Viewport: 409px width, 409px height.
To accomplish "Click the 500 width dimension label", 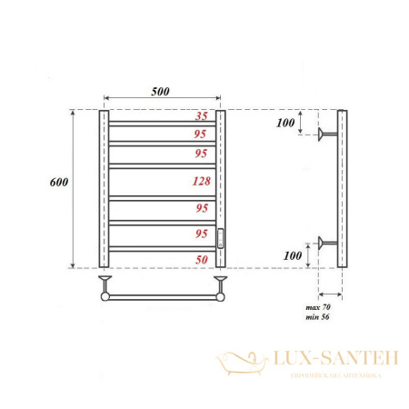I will pos(161,91).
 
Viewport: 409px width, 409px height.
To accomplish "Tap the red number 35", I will pos(203,117).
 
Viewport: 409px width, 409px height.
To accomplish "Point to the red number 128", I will pos(203,181).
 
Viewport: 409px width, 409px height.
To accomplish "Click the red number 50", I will pos(203,260).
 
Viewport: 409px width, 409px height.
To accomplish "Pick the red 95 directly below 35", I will pos(203,135).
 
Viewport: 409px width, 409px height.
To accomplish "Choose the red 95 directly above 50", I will pos(203,234).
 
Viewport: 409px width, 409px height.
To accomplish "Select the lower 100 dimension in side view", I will pos(291,257).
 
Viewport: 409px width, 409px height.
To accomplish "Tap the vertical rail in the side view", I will pos(342,189).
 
